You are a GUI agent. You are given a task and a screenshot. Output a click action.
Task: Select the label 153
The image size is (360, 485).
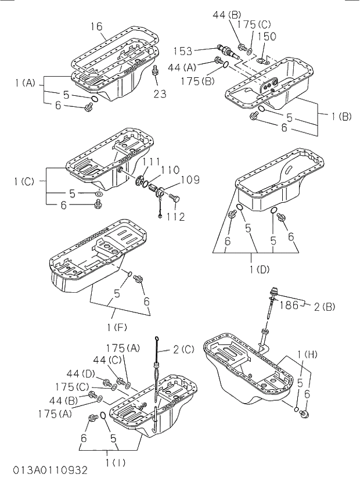tap(199, 51)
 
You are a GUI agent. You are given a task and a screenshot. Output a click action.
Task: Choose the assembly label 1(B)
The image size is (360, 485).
tap(341, 116)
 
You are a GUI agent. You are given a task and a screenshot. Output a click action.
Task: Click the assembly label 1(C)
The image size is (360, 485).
tap(24, 181)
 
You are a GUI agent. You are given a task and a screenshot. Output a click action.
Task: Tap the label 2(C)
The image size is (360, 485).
tap(183, 349)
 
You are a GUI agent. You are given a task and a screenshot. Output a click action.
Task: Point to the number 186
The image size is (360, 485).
tap(289, 304)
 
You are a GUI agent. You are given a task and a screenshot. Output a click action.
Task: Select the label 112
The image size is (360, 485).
tap(174, 217)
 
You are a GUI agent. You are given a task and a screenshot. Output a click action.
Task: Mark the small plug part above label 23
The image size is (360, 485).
tap(155, 71)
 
